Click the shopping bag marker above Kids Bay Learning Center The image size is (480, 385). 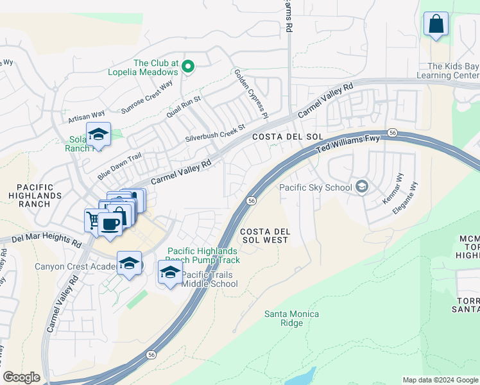(436, 24)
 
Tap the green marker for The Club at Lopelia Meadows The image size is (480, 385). (188, 65)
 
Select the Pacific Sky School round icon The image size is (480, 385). (362, 187)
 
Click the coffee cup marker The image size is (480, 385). (110, 224)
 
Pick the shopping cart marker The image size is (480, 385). (93, 220)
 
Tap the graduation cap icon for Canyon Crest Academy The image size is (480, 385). (129, 263)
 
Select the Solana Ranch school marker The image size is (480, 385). (98, 135)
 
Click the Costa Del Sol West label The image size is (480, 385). (264, 235)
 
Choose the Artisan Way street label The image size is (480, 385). (86, 117)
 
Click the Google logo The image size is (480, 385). (22, 377)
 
